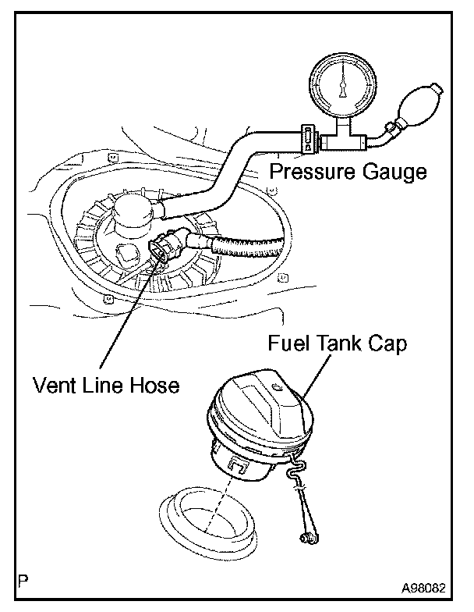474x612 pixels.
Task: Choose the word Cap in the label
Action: (x=387, y=344)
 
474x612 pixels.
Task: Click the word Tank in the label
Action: (x=337, y=343)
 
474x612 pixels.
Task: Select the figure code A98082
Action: (x=427, y=586)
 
